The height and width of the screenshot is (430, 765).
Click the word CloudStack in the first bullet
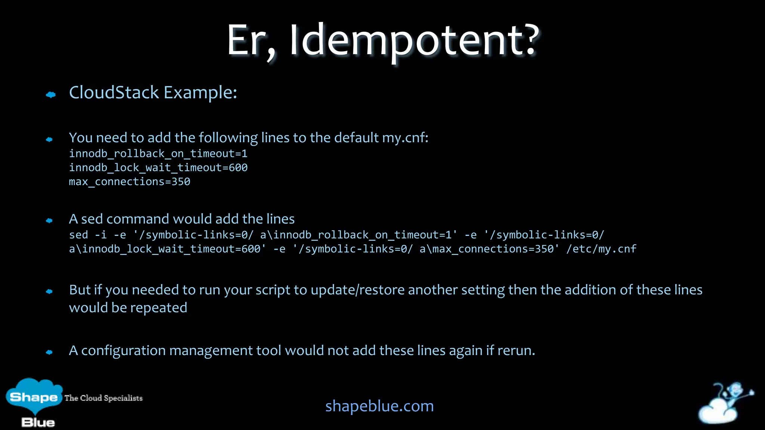click(114, 93)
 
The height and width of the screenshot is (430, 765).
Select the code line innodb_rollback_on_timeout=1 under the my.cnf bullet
click(158, 153)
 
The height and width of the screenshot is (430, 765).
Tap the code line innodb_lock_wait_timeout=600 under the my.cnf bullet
click(158, 168)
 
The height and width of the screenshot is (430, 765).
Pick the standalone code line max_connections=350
click(130, 182)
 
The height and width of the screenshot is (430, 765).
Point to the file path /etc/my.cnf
click(601, 249)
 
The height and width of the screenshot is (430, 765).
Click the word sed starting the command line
click(78, 235)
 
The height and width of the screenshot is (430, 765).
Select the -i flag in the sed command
click(101, 235)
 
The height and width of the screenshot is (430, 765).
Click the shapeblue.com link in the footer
click(380, 406)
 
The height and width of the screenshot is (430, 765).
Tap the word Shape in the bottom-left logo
click(34, 397)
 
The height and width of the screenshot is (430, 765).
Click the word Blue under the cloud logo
click(38, 423)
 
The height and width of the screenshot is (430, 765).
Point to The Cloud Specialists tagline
click(103, 398)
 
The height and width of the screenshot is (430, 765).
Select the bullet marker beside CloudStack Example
click(51, 95)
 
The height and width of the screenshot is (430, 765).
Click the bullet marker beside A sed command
click(49, 221)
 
